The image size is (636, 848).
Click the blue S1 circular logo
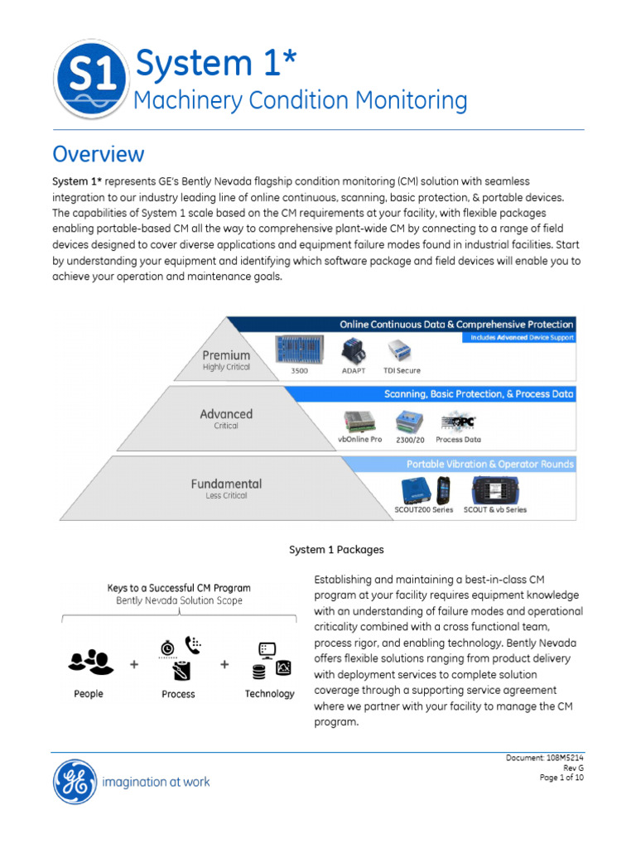pyautogui.click(x=90, y=80)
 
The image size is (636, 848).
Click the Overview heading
pyautogui.click(x=98, y=154)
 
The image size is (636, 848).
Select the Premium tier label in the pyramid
pyautogui.click(x=226, y=356)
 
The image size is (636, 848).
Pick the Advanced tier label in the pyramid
pyautogui.click(x=226, y=414)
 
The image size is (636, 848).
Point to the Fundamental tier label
pyautogui.click(x=226, y=484)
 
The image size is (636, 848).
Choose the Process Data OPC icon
pyautogui.click(x=457, y=422)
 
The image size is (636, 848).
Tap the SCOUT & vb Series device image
pyautogui.click(x=494, y=489)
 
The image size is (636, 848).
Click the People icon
pyautogui.click(x=89, y=661)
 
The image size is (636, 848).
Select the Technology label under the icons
pyautogui.click(x=269, y=694)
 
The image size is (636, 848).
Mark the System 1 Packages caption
pyautogui.click(x=336, y=549)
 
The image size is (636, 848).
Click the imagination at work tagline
pyautogui.click(x=156, y=782)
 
